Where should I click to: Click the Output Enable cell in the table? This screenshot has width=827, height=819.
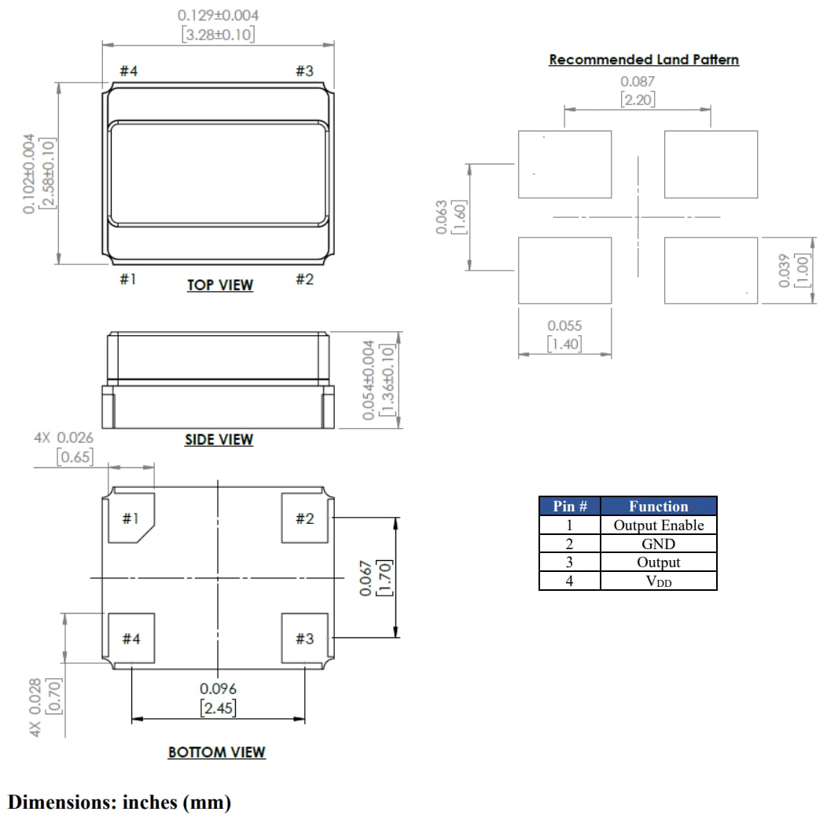click(658, 526)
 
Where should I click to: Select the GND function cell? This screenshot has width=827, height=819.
click(658, 544)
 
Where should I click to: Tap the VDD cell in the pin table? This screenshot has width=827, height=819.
click(658, 581)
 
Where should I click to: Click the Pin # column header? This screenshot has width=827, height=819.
click(569, 507)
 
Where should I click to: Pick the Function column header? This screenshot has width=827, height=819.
click(658, 507)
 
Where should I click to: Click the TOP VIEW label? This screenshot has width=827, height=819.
click(220, 285)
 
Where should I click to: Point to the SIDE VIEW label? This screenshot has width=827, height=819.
click(219, 440)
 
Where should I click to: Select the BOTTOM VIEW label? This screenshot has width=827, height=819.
click(217, 752)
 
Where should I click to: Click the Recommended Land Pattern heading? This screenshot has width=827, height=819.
click(643, 60)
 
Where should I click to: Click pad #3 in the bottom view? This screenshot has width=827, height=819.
click(304, 639)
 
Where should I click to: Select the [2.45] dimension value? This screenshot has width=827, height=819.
click(218, 708)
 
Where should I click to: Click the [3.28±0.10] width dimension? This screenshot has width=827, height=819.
click(218, 35)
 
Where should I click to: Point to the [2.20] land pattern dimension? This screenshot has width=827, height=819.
click(637, 99)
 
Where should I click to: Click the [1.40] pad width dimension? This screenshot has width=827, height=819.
click(564, 343)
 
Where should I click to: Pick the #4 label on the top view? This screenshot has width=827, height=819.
click(129, 72)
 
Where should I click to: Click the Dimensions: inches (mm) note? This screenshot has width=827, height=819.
click(119, 802)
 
